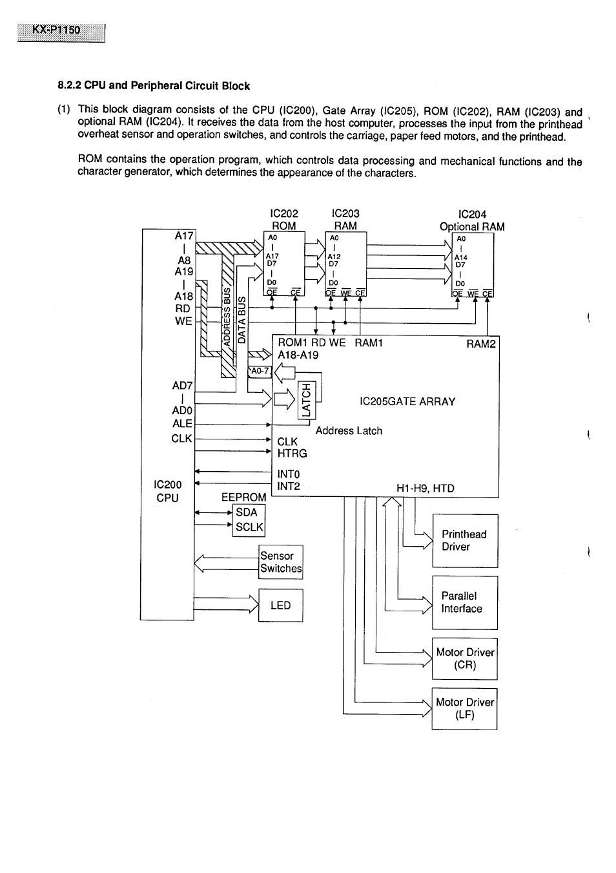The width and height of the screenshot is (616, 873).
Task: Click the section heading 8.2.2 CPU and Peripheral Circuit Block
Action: pyautogui.click(x=154, y=86)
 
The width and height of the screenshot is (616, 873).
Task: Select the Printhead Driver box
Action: pyautogui.click(x=464, y=541)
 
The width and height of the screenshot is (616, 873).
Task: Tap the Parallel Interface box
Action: pyautogui.click(x=464, y=602)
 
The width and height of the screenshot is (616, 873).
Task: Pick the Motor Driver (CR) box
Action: pyautogui.click(x=464, y=658)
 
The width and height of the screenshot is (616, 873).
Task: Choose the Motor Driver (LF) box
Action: pyautogui.click(x=464, y=708)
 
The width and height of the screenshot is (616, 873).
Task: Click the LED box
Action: pyautogui.click(x=280, y=605)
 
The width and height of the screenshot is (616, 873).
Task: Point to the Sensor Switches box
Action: pyautogui.click(x=280, y=562)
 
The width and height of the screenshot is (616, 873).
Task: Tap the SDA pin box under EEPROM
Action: pyautogui.click(x=248, y=512)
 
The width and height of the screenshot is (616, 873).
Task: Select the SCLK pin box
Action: pyautogui.click(x=249, y=527)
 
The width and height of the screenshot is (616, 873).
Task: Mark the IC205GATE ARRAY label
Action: pyautogui.click(x=407, y=401)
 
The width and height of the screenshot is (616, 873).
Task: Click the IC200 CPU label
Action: pyautogui.click(x=167, y=491)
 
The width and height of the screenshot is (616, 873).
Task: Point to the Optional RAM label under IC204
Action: pyautogui.click(x=472, y=227)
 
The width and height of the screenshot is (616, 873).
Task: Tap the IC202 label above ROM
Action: pyautogui.click(x=284, y=213)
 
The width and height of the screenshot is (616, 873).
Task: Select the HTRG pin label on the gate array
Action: pyautogui.click(x=292, y=454)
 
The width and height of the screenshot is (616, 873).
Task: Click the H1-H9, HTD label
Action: pyautogui.click(x=425, y=489)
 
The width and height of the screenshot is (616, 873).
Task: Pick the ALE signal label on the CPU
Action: pyautogui.click(x=182, y=423)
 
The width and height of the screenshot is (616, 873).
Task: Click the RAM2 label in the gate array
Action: pyautogui.click(x=481, y=344)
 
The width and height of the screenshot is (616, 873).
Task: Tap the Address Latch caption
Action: pyautogui.click(x=349, y=431)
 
